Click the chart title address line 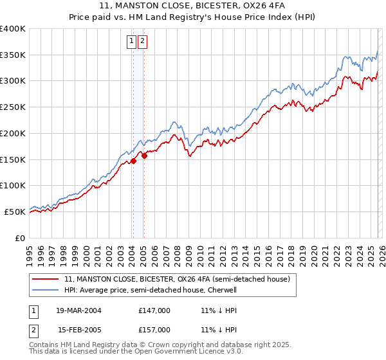tap(192, 7)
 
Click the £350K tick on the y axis tap(13, 55)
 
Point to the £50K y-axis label tap(15, 212)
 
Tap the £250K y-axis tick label tap(13, 107)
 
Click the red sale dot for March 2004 tap(134, 161)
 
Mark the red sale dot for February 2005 tap(144, 155)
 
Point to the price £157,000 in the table tap(154, 329)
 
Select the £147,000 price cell tap(154, 310)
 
